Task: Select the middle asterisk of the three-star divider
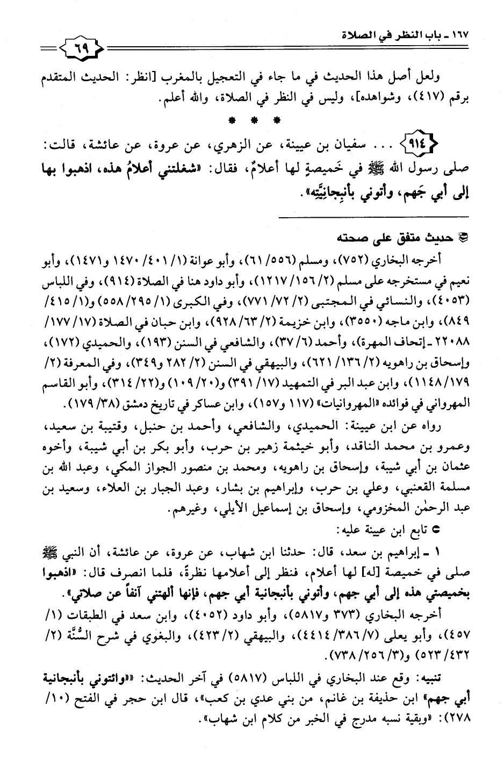click(x=253, y=119)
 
